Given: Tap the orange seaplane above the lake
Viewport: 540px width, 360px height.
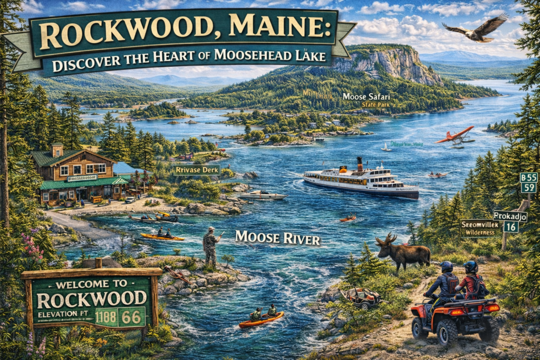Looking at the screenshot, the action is click(x=455, y=135).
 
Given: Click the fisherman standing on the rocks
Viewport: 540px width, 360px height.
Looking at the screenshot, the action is click(x=211, y=245).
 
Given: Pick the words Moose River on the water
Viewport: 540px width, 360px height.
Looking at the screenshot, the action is click(x=277, y=238).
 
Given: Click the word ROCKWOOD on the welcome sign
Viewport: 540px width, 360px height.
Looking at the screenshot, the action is click(x=92, y=299).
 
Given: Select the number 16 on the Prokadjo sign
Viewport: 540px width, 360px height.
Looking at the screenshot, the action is click(x=510, y=227).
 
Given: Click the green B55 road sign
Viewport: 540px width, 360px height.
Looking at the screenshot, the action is click(x=528, y=177).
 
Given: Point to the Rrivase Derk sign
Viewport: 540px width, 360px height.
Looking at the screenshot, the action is click(x=196, y=170).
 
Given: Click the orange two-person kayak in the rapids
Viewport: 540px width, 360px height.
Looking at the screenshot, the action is click(x=261, y=318).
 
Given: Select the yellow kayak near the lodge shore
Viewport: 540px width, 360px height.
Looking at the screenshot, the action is click(x=162, y=237).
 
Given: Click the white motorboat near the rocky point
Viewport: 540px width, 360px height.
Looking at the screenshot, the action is click(x=262, y=196).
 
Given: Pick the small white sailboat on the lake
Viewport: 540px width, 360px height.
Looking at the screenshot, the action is click(x=387, y=147).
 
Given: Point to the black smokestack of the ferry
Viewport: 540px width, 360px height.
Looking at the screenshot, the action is click(x=359, y=163).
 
